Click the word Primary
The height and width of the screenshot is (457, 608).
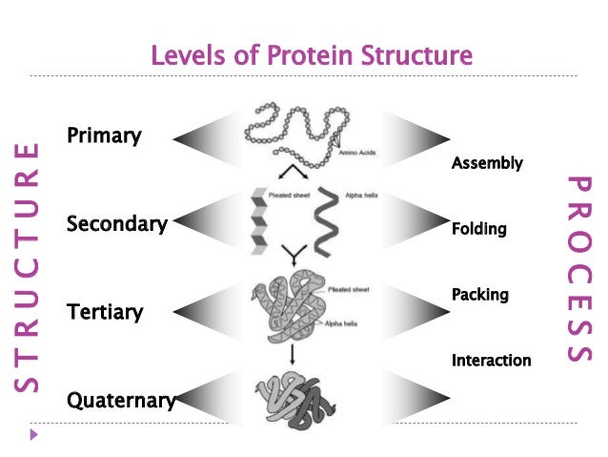104,135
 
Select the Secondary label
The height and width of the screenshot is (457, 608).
116,224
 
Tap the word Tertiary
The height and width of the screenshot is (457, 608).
105,312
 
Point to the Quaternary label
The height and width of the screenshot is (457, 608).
120,400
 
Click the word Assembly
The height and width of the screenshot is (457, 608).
487,163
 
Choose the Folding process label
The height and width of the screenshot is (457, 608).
478,229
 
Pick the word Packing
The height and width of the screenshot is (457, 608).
479,295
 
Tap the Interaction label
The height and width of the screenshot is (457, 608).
491,360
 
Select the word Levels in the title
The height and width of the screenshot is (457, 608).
182,55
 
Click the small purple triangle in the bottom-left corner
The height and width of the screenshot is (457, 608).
35,436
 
